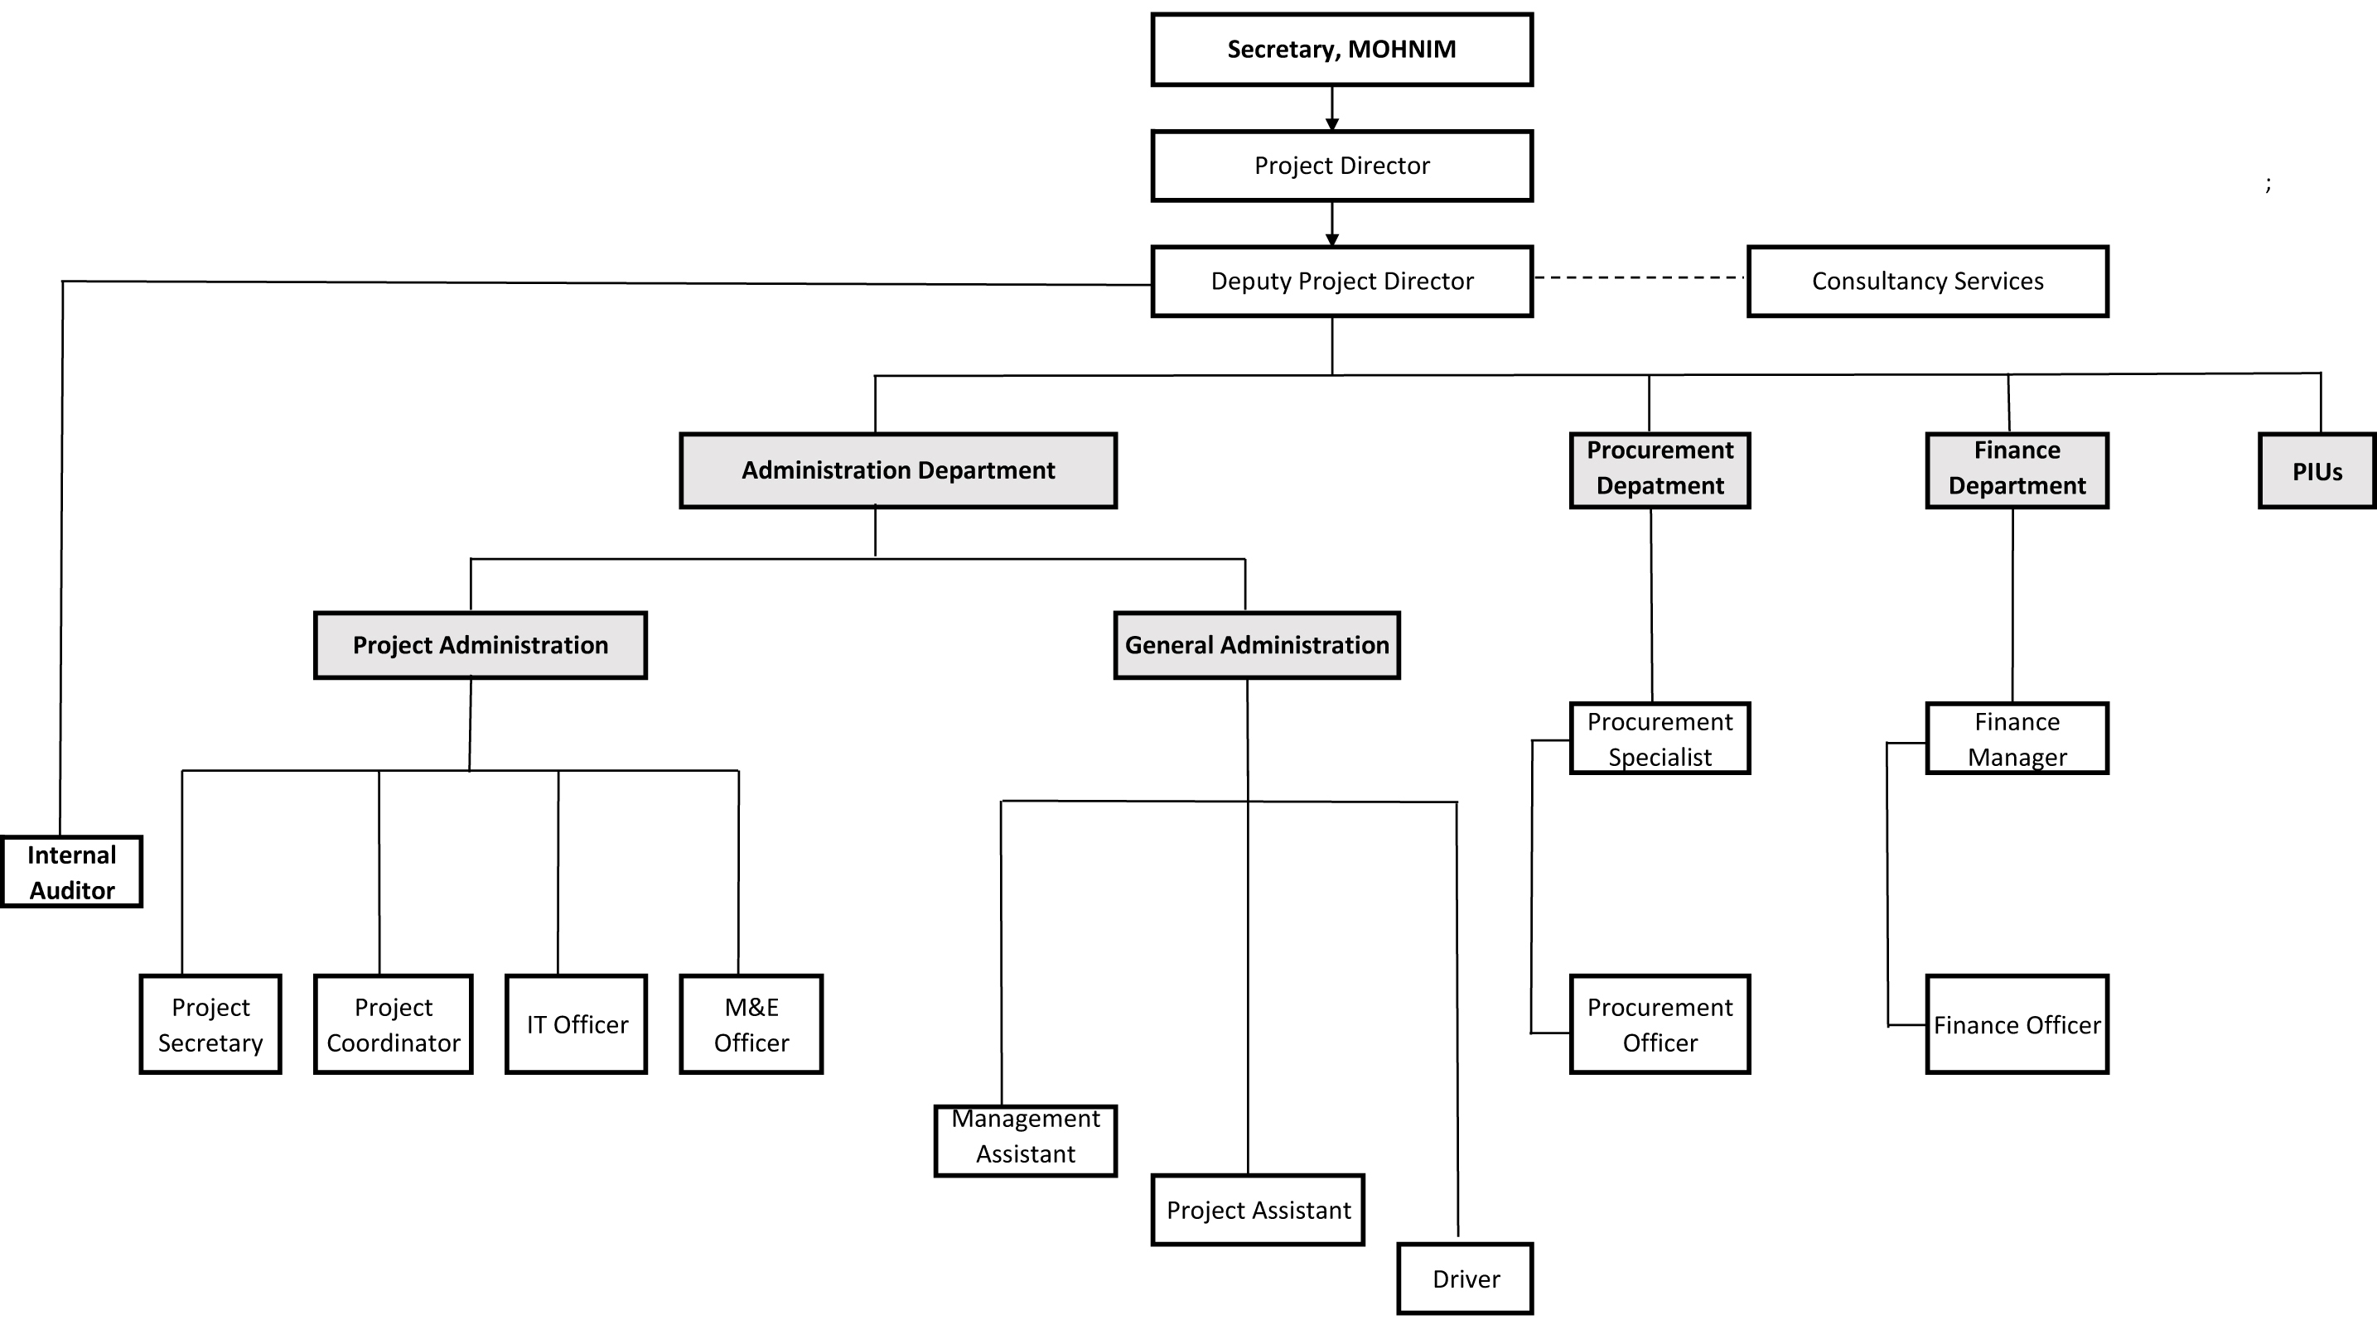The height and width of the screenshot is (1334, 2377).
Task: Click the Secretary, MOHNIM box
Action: click(1341, 50)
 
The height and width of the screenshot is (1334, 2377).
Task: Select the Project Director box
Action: click(1341, 166)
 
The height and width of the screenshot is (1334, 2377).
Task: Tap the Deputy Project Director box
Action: click(1341, 282)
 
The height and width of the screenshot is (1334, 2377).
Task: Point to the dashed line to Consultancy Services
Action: click(1639, 277)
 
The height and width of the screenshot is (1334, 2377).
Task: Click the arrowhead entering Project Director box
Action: click(1331, 123)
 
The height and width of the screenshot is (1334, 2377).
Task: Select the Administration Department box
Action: click(898, 470)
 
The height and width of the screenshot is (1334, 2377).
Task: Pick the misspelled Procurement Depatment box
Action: click(1660, 470)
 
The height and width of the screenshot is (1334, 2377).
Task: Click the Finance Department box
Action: click(2017, 470)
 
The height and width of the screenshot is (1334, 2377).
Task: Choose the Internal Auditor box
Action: click(71, 872)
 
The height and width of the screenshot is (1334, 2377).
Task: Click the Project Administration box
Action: click(480, 645)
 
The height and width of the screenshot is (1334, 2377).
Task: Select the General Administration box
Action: click(1256, 645)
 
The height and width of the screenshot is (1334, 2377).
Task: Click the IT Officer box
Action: click(576, 1024)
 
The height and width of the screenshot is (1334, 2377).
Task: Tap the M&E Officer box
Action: click(751, 1024)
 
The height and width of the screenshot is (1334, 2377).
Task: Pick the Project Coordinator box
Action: click(393, 1024)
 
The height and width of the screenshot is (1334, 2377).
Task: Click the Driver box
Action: click(1465, 1279)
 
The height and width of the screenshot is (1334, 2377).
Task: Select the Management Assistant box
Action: click(1025, 1140)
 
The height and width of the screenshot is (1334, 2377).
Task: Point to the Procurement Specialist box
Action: click(1660, 738)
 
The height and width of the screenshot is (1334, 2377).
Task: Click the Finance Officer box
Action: click(2017, 1024)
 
